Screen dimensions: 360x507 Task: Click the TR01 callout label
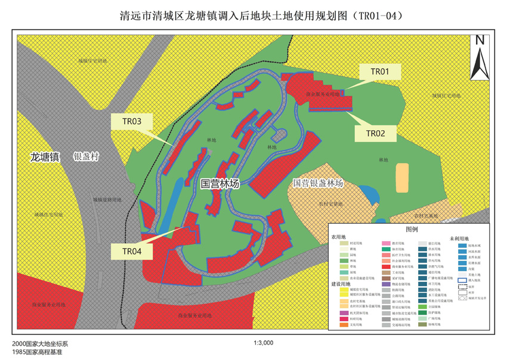coord(380,72)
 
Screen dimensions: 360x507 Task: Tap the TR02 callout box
coord(376,133)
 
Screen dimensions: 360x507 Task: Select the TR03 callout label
coord(132,122)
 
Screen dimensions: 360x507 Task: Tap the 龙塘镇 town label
coord(45,157)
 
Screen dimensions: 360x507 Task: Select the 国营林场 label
coord(220,184)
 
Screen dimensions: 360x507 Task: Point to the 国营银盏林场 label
coord(319,183)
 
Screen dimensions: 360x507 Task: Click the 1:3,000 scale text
coord(263,343)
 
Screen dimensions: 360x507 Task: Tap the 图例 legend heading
coord(412,229)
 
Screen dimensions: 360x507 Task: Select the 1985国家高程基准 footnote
coord(37,352)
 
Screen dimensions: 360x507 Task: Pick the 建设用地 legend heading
coord(342,284)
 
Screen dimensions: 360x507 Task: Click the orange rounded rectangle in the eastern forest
coord(403,177)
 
